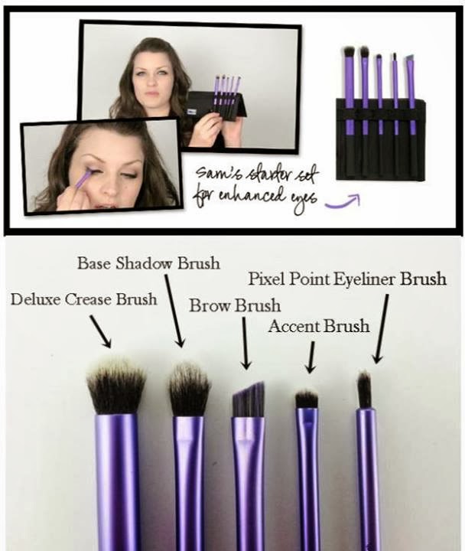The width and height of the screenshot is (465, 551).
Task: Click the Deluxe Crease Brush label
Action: (83, 299)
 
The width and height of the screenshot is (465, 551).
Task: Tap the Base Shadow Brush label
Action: (148, 262)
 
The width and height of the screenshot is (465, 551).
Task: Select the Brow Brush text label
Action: (235, 305)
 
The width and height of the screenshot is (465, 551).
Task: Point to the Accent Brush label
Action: (319, 326)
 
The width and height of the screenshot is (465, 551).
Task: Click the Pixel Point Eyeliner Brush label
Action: (347, 279)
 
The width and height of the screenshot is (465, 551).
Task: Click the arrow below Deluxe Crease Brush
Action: (101, 331)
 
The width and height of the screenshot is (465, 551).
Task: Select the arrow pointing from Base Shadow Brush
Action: (174, 311)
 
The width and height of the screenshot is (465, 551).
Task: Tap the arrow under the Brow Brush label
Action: (246, 343)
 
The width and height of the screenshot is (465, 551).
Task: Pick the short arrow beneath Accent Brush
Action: (311, 357)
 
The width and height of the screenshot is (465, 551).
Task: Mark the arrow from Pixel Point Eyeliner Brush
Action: (382, 328)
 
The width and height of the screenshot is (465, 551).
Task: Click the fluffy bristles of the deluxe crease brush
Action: (116, 386)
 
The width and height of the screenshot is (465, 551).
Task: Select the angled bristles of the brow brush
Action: (249, 400)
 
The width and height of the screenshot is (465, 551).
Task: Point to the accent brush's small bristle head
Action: (307, 399)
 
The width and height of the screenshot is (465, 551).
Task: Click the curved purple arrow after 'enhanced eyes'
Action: (343, 203)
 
